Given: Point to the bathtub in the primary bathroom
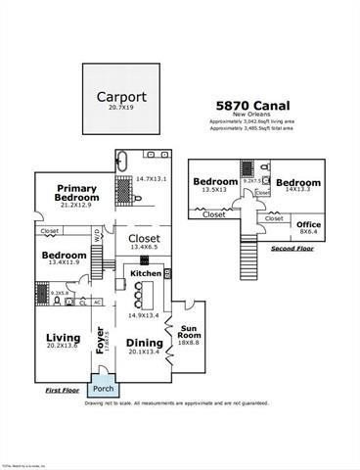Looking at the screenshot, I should pos(122,165).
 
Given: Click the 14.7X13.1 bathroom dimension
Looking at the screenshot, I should pos(153,178).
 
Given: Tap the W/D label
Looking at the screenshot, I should pos(98,234).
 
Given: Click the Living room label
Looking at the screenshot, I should pos(63,339).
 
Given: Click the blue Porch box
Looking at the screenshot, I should pos(103,388).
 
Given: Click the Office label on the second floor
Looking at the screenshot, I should pos(308,223).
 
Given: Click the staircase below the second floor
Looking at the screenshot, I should pos(250,254).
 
